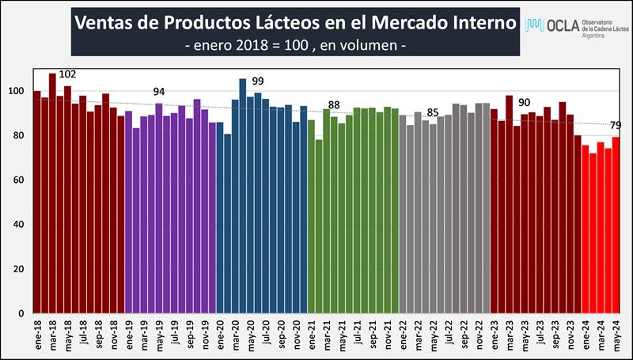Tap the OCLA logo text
563,26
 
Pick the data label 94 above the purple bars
159,92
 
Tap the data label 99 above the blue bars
257,81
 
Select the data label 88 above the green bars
333,105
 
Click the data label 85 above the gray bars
432,112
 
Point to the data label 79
616,124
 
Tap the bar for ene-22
403,214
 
